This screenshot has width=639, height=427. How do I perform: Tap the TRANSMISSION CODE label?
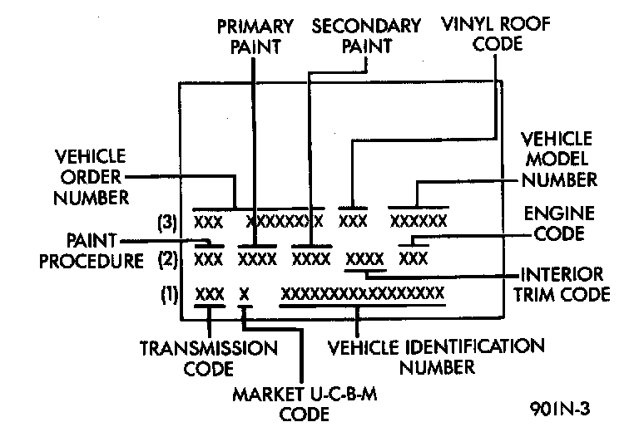209,356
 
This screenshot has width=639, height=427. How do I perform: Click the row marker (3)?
168,222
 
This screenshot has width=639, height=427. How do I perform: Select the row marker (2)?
168,258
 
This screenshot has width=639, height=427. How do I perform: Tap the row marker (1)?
168,293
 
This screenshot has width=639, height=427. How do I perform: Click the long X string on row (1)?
363,293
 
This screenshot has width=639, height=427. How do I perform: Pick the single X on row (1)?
244,293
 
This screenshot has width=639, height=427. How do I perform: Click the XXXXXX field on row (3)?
419,222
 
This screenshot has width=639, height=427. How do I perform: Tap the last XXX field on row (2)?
414,258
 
